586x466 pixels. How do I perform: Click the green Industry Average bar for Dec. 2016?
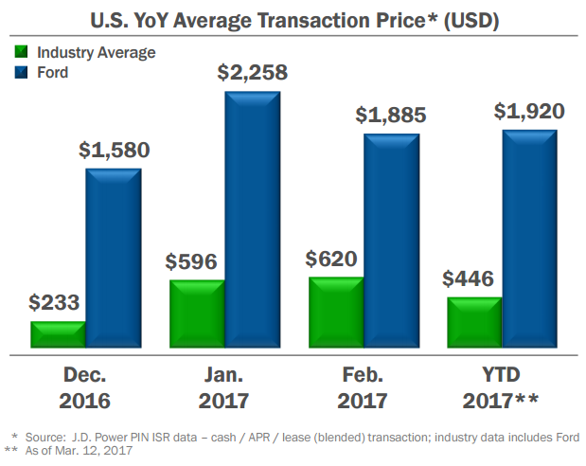click(58, 335)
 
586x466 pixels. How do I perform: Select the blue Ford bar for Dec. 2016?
click(114, 259)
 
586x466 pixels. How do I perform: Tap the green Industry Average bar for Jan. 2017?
click(197, 314)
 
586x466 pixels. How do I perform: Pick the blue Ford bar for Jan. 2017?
click(253, 220)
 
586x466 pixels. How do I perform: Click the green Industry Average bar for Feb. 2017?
click(336, 313)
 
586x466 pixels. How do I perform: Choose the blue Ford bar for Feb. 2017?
click(392, 242)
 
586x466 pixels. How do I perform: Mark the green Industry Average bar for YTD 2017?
click(474, 323)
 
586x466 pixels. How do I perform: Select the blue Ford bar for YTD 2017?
click(530, 239)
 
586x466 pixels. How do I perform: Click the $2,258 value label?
click(252, 72)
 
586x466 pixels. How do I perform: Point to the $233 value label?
click(54, 303)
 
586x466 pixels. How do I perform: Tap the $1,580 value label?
click(114, 150)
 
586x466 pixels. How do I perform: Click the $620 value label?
click(335, 259)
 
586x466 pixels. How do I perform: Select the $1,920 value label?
click(529, 111)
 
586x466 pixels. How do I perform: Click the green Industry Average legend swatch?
click(23, 52)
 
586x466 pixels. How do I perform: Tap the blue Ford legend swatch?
click(23, 71)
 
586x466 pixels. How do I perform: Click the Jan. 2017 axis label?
click(224, 386)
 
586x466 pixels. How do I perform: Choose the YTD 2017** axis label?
click(501, 386)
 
